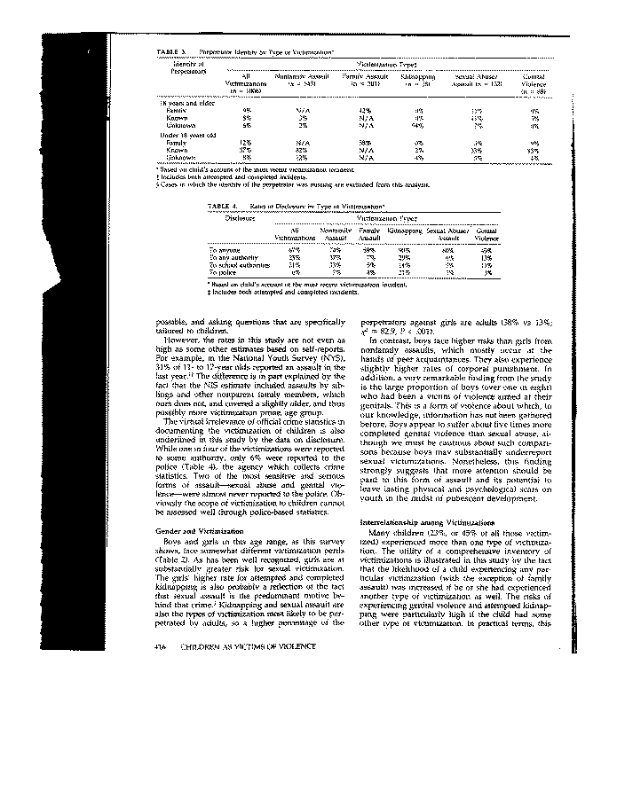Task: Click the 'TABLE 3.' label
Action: [x=170, y=52]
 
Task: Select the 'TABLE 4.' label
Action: [x=222, y=206]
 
